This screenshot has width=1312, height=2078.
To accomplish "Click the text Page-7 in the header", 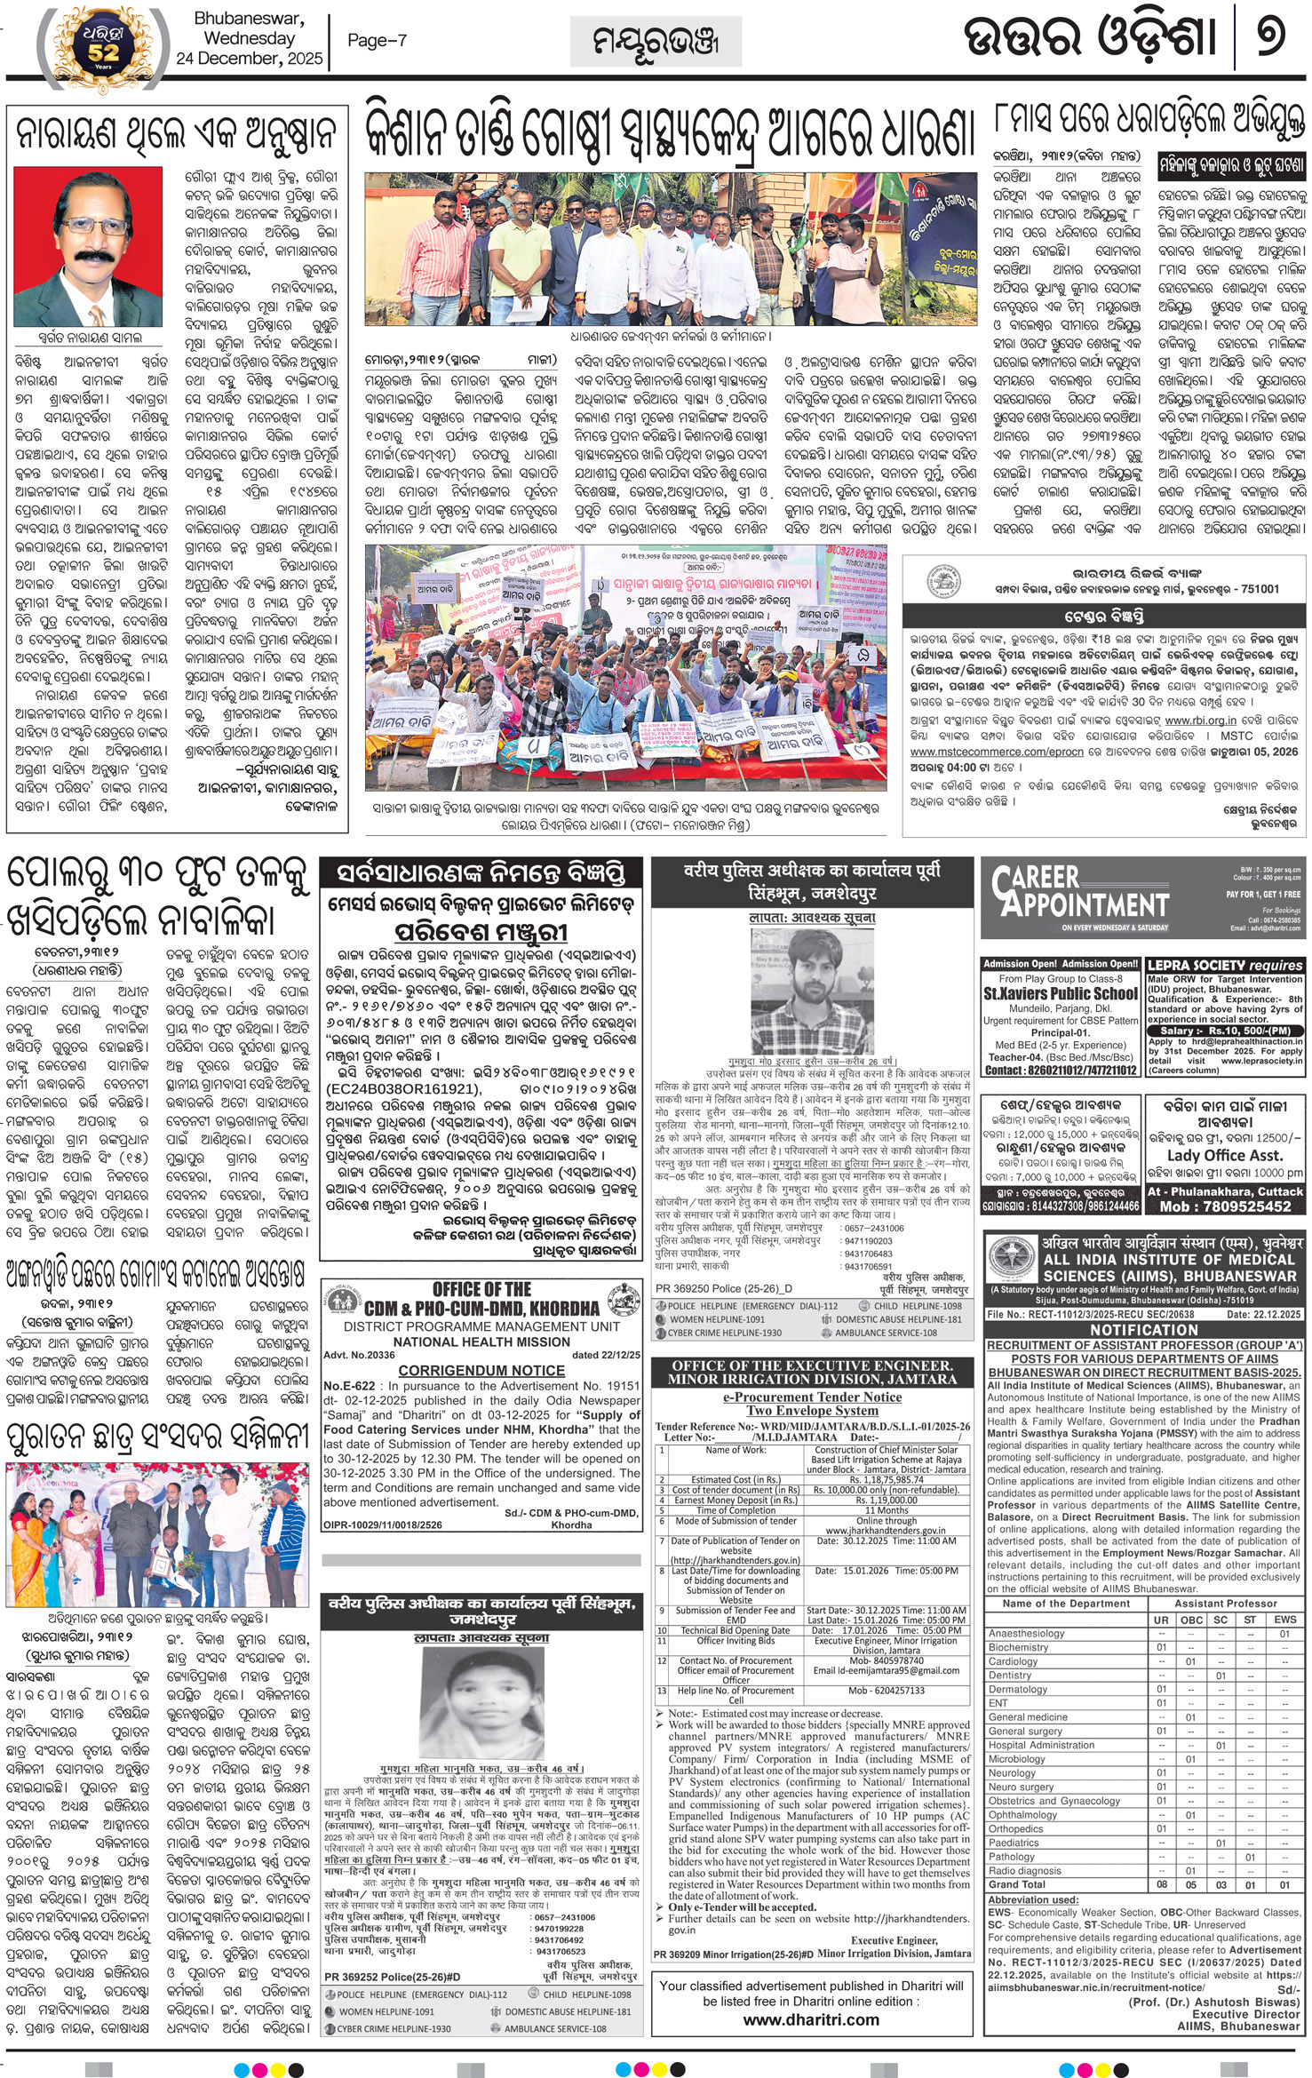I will click(x=377, y=40).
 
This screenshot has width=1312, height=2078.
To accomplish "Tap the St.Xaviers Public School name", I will click(x=1061, y=994).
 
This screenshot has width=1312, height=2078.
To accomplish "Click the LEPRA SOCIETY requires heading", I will click(x=1224, y=965).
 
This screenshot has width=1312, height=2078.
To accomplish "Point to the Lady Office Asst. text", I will click(x=1224, y=1155).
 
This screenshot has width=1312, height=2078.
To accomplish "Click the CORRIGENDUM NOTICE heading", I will click(x=481, y=1371).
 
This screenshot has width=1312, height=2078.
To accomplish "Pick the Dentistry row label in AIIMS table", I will click(x=1010, y=1675).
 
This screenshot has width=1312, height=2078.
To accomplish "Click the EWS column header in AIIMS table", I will click(x=1284, y=1620).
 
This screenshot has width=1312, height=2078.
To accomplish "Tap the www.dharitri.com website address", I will click(x=811, y=2019).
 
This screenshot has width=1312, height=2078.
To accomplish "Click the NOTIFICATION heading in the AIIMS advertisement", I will click(x=1144, y=1330).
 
